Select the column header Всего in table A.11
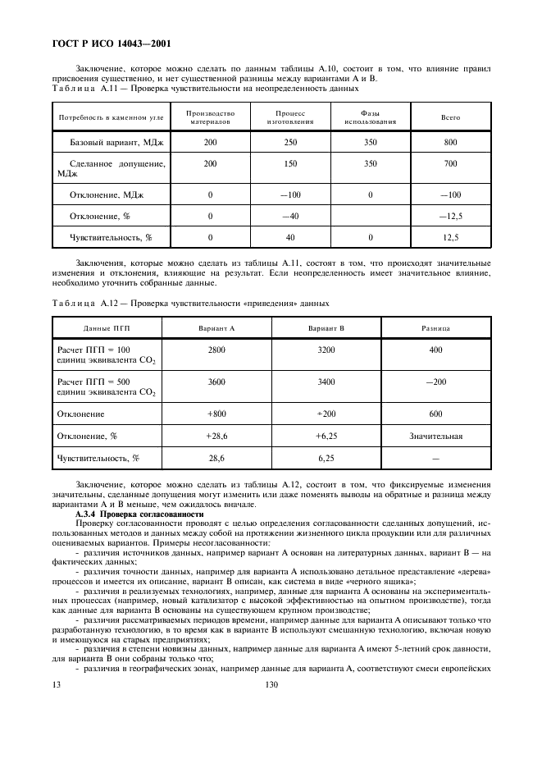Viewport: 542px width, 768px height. (450, 117)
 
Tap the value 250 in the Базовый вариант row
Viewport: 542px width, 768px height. (291, 143)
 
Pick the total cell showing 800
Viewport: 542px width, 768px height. (450, 143)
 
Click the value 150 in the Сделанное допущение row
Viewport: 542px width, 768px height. (291, 164)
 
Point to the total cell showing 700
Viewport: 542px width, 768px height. (450, 164)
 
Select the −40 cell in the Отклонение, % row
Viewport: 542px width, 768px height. (291, 216)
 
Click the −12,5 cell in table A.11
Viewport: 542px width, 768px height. (450, 216)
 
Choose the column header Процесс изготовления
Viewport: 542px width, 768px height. (291, 117)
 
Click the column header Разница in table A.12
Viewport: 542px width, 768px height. (435, 327)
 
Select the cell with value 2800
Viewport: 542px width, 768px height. (216, 350)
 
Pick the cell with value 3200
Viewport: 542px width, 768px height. (326, 350)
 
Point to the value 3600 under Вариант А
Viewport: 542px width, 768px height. (216, 382)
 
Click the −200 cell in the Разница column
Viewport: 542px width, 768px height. (435, 382)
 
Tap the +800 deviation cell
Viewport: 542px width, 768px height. (216, 414)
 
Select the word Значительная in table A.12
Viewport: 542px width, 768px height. (435, 436)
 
